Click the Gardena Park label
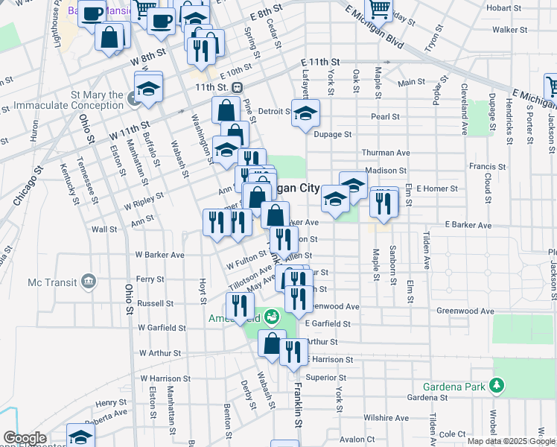pos(454,387)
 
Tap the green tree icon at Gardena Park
pos(496,386)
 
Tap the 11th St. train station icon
pos(238,87)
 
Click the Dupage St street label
pos(332,134)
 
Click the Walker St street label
pos(504,30)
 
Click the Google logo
pos(24,438)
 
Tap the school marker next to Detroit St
pos(305,113)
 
